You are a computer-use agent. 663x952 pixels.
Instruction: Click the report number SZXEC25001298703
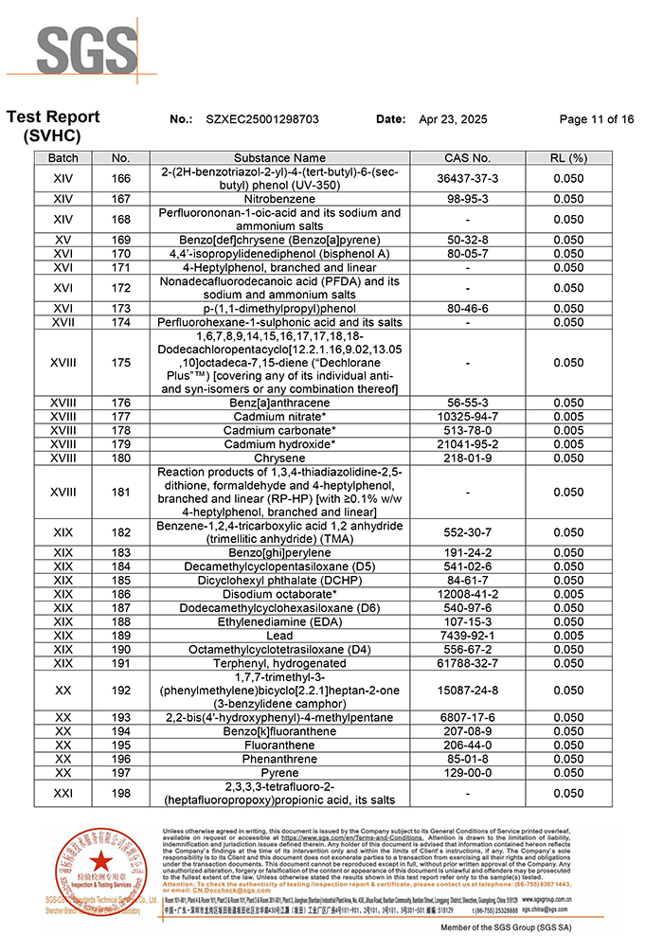pyautogui.click(x=262, y=119)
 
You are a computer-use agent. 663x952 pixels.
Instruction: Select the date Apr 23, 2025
pyautogui.click(x=453, y=119)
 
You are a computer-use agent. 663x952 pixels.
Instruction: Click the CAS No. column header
pyautogui.click(x=467, y=158)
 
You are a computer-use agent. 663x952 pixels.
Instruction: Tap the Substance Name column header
pyautogui.click(x=279, y=158)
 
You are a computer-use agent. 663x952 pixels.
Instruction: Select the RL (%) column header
pyautogui.click(x=568, y=158)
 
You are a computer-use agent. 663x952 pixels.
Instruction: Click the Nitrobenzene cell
pyautogui.click(x=279, y=199)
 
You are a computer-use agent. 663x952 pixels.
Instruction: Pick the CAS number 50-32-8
pyautogui.click(x=467, y=240)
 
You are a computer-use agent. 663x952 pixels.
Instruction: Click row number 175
pyautogui.click(x=120, y=363)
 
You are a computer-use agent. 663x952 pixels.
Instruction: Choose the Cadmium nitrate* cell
pyautogui.click(x=279, y=417)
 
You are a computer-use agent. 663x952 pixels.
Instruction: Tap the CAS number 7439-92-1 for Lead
pyautogui.click(x=467, y=636)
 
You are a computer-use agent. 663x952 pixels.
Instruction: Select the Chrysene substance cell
pyautogui.click(x=279, y=458)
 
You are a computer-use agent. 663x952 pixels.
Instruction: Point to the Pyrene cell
pyautogui.click(x=279, y=773)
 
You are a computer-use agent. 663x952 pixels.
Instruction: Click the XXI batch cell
pyautogui.click(x=63, y=794)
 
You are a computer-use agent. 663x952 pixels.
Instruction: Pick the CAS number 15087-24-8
pyautogui.click(x=467, y=691)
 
